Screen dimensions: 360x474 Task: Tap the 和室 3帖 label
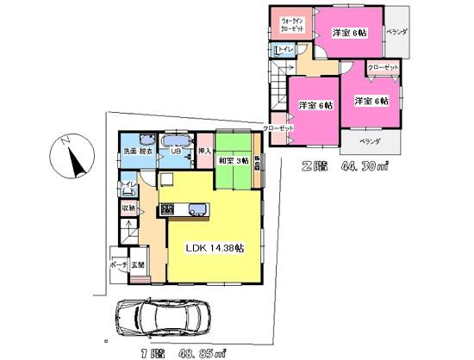pyautogui.click(x=233, y=160)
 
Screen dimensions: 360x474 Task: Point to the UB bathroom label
pyautogui.click(x=175, y=152)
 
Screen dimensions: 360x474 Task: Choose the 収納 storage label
pyautogui.click(x=127, y=208)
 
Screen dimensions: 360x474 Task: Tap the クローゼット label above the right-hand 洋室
pyautogui.click(x=383, y=66)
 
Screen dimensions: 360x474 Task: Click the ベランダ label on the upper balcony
pyautogui.click(x=396, y=32)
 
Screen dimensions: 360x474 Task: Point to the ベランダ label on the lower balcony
pyautogui.click(x=370, y=139)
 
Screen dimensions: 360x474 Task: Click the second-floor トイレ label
pyautogui.click(x=285, y=50)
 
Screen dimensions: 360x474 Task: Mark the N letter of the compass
pyautogui.click(x=65, y=142)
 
